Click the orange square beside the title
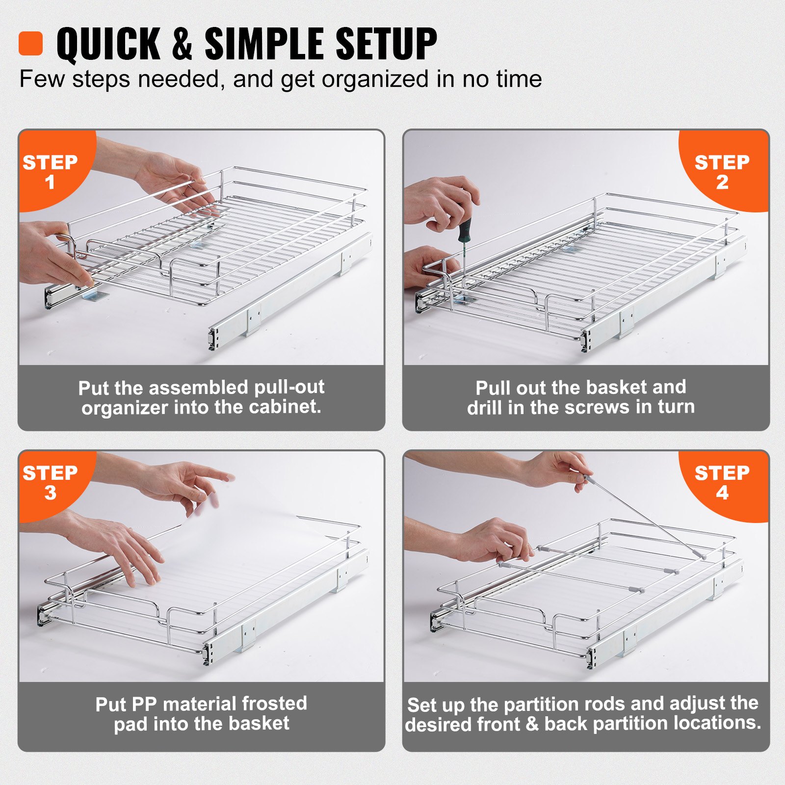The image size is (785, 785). (x=30, y=44)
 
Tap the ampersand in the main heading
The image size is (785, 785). (x=182, y=44)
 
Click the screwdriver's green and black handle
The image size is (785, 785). (x=464, y=231)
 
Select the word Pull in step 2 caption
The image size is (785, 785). (x=493, y=388)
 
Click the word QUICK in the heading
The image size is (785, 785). (x=108, y=44)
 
